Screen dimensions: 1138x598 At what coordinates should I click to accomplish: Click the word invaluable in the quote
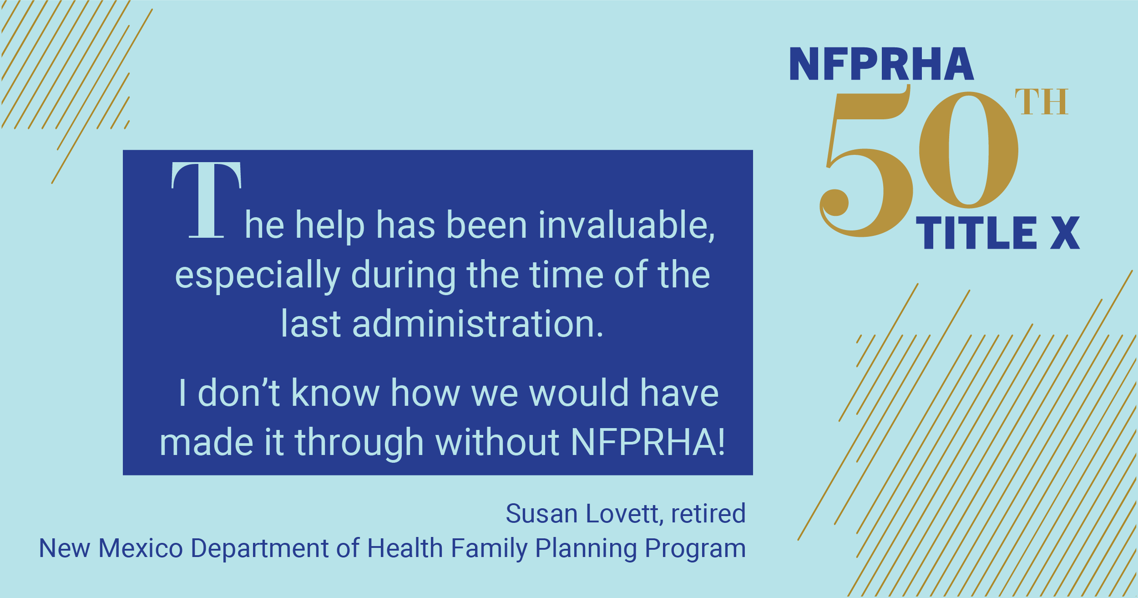(626, 225)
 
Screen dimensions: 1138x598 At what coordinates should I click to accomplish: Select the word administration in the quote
(478, 324)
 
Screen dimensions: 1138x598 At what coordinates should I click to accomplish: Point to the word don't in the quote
(239, 393)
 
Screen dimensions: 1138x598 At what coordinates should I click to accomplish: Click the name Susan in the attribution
(542, 514)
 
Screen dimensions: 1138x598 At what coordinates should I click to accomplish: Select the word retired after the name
(708, 514)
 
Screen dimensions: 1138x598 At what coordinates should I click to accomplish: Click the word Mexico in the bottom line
(141, 548)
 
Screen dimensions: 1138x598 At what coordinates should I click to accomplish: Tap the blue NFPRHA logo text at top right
(881, 64)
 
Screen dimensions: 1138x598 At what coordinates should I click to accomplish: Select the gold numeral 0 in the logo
(969, 150)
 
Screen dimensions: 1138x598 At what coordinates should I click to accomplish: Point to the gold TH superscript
(1041, 102)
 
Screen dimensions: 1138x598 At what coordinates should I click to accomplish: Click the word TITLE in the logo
(976, 233)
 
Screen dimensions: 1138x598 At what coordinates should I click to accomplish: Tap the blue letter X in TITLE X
(1065, 233)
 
